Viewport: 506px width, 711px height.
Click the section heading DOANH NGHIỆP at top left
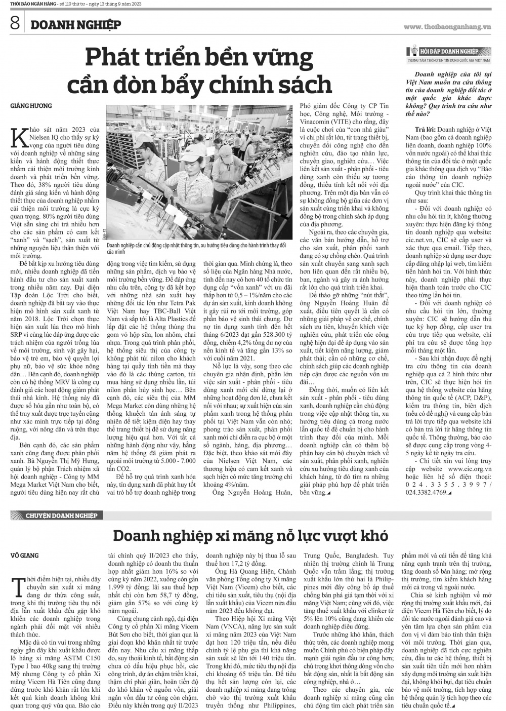74,25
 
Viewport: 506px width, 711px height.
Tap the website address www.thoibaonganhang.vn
447,26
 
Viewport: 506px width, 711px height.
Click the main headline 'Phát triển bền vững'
199,58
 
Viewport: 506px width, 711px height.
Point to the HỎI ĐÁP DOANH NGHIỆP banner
445,52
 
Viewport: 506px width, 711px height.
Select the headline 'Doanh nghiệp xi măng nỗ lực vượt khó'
250,535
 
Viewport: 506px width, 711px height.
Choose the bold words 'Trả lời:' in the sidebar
425,130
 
